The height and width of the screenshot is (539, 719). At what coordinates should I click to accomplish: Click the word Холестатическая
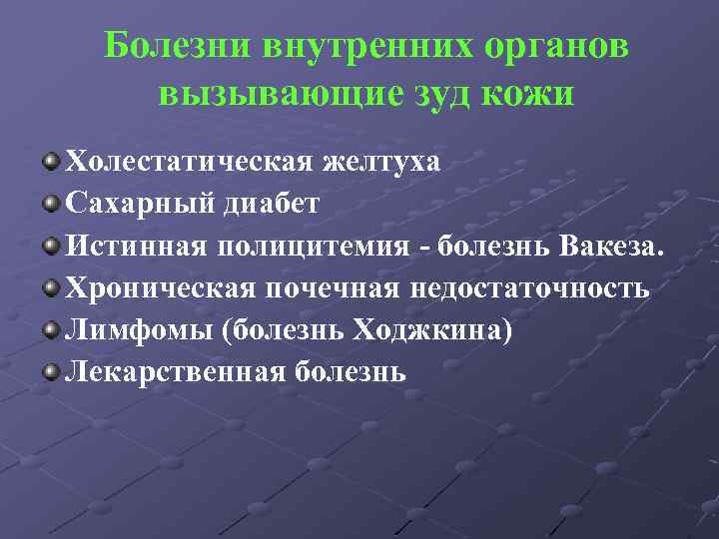[x=190, y=162]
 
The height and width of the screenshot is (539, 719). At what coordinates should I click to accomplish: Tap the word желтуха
[x=380, y=162]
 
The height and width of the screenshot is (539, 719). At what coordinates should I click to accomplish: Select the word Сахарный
[x=130, y=204]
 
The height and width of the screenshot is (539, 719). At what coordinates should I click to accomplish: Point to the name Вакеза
[x=610, y=247]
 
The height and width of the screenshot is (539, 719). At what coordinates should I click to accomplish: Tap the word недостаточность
[x=526, y=288]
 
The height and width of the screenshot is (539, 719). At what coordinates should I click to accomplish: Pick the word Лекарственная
[x=175, y=373]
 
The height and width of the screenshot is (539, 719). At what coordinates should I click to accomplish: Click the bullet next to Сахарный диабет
[x=51, y=205]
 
